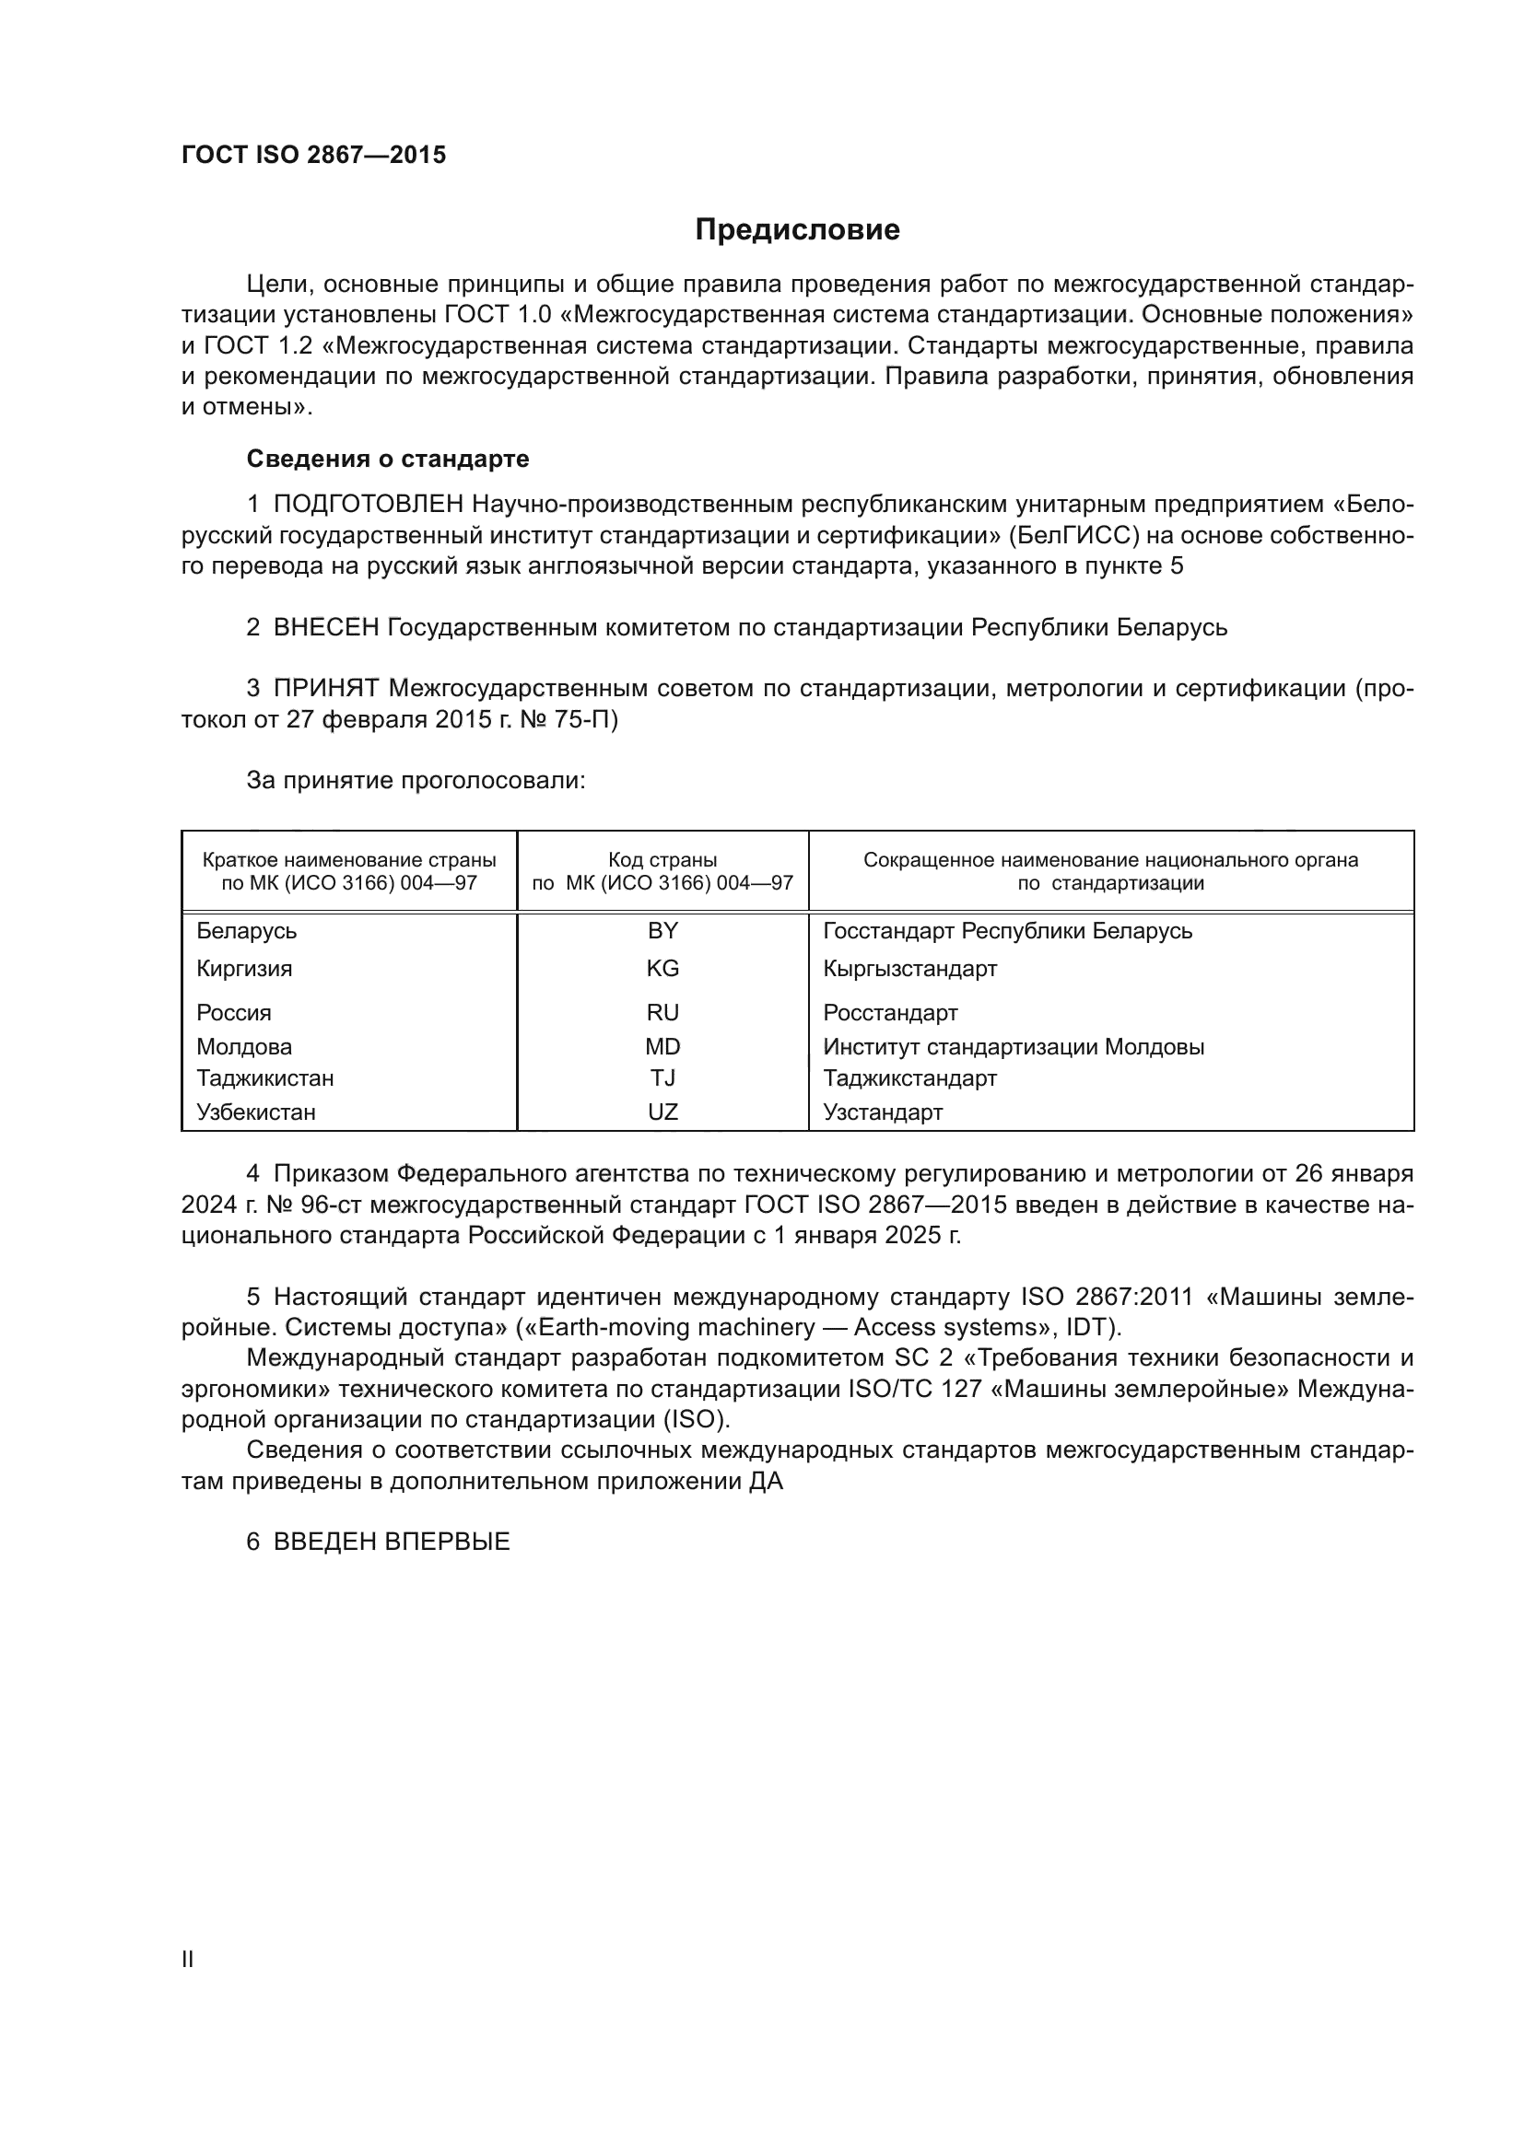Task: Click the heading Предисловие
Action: (x=797, y=230)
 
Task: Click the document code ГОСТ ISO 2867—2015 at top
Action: (x=313, y=156)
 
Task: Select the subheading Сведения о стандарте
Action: (x=388, y=459)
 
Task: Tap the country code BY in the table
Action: (x=662, y=931)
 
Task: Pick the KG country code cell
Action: (x=662, y=968)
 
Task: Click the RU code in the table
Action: (x=662, y=1012)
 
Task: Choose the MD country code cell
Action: (x=662, y=1046)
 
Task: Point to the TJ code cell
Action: (x=662, y=1078)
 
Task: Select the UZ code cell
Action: (x=662, y=1112)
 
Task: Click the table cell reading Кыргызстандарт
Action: (x=909, y=968)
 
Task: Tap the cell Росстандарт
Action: (x=890, y=1012)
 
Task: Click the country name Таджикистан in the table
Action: (x=264, y=1078)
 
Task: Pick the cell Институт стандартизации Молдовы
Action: (x=1014, y=1046)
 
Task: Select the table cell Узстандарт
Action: (x=882, y=1112)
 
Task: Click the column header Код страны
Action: (x=662, y=860)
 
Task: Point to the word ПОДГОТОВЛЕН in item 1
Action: (x=368, y=505)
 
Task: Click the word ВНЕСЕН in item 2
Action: (x=325, y=627)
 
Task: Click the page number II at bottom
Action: (x=188, y=1959)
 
